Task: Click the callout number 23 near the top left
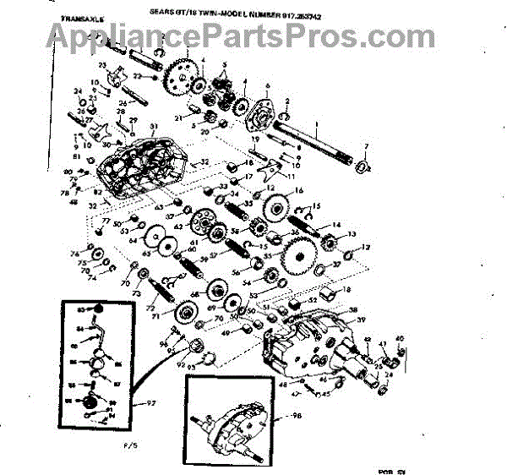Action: (101, 64)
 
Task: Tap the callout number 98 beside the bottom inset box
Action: (296, 417)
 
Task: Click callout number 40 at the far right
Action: (400, 338)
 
